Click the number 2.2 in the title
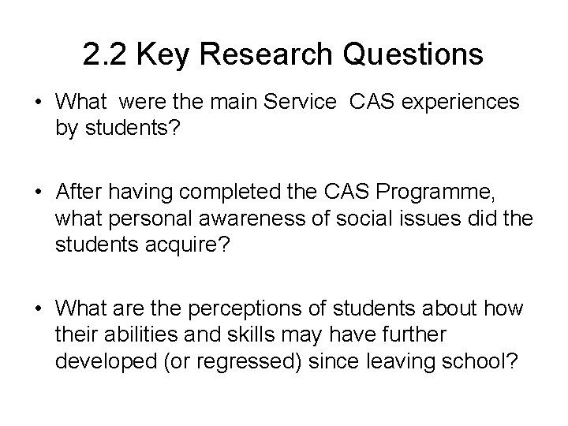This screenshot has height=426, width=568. point(102,54)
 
